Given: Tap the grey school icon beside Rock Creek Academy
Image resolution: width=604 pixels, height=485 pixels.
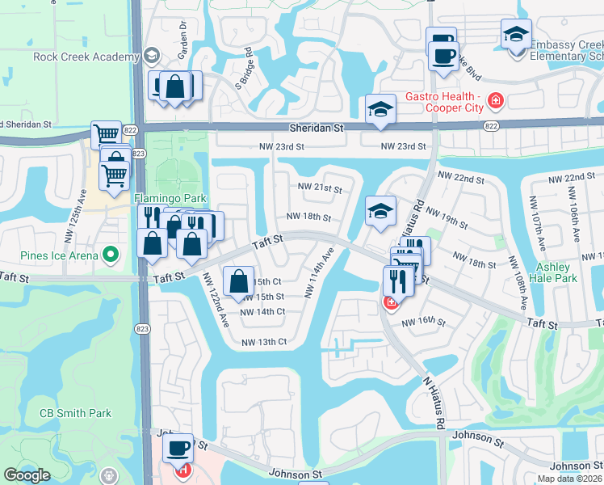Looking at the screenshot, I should coord(151,56).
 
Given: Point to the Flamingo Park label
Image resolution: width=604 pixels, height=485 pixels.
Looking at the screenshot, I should coord(170,199).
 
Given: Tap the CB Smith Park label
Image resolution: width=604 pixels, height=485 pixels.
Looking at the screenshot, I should coord(75,413).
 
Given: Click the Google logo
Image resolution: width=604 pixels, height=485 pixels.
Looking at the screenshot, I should coord(27,475).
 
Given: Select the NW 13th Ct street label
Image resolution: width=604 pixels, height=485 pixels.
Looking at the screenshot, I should coord(264,342).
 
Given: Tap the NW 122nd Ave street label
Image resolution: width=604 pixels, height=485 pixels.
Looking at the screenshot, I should coord(214,300).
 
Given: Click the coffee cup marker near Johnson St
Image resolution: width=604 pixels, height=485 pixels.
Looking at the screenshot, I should coord(178,448).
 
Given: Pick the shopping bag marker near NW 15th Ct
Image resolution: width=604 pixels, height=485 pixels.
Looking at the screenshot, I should coord(240,280).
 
